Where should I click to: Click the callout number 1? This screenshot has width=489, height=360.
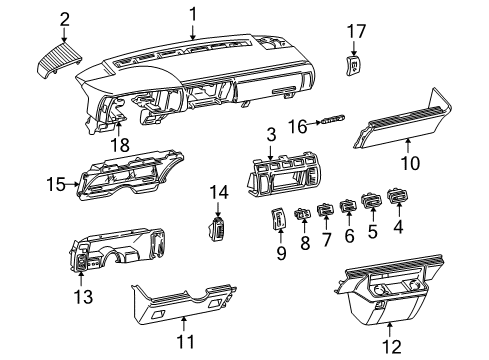click(x=194, y=13)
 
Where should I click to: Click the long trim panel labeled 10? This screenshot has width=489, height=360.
click(x=400, y=129)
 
